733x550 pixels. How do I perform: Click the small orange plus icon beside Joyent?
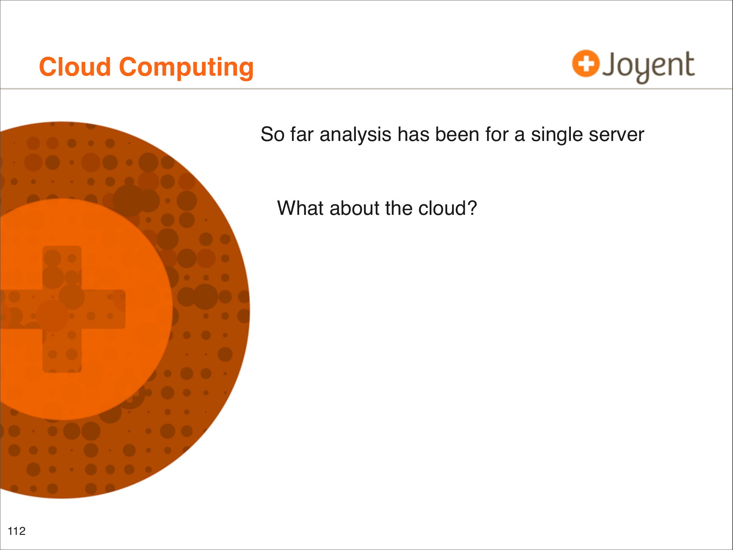pyautogui.click(x=586, y=64)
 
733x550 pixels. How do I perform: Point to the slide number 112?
pyautogui.click(x=16, y=531)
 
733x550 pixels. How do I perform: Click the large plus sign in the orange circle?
pyautogui.click(x=62, y=309)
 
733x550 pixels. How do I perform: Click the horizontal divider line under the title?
pyautogui.click(x=366, y=89)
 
